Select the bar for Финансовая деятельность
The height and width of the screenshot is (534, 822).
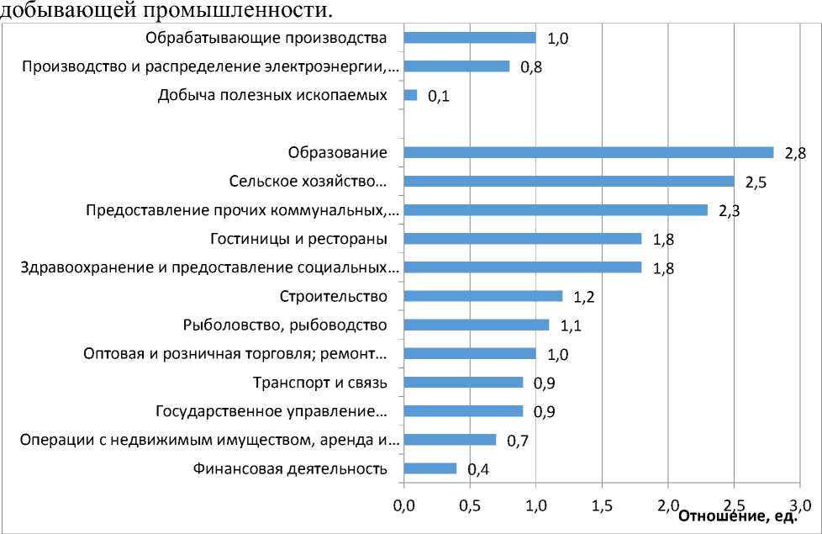(x=430, y=468)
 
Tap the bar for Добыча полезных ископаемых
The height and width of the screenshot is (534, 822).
(x=410, y=95)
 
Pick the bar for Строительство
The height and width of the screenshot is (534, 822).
(x=483, y=296)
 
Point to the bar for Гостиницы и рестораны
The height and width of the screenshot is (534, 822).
(x=523, y=239)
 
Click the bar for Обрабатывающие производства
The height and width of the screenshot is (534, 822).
(x=470, y=38)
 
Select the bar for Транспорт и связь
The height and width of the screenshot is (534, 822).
(x=463, y=383)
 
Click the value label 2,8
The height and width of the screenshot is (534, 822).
(x=794, y=155)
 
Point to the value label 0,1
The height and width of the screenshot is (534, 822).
(x=438, y=98)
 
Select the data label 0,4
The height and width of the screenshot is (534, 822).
(x=477, y=470)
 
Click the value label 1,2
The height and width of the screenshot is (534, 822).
(x=583, y=298)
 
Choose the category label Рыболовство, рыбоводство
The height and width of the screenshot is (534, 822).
(x=285, y=325)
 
